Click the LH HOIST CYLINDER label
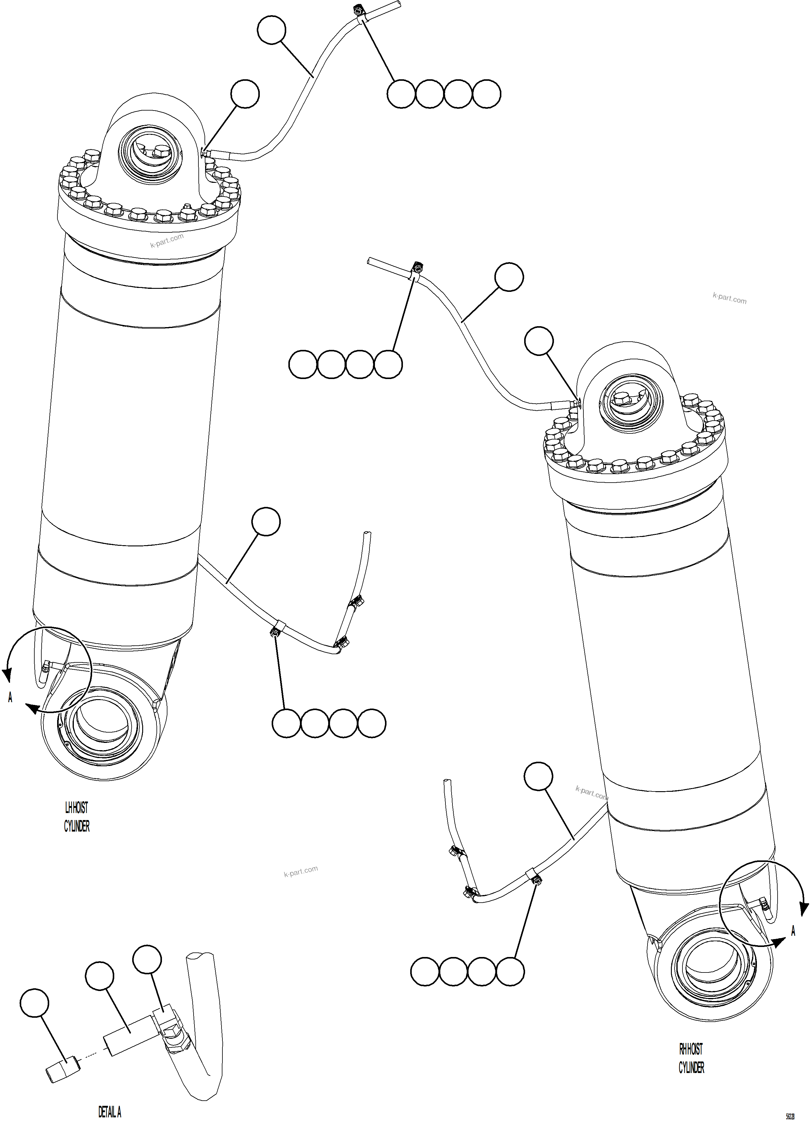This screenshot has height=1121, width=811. point(77,817)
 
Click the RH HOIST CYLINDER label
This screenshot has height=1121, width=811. point(691,1058)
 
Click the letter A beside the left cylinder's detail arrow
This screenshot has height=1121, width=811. point(10,697)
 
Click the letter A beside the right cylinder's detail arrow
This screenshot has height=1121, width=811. point(793,931)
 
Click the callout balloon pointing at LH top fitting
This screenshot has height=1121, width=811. point(245,94)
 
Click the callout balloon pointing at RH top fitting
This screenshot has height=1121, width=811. point(538,340)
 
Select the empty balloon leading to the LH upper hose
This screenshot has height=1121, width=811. point(271,30)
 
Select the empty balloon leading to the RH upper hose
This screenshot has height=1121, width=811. point(509,277)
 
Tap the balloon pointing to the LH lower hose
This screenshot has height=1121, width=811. point(266,521)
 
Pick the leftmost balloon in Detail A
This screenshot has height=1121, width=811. point(35,1003)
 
